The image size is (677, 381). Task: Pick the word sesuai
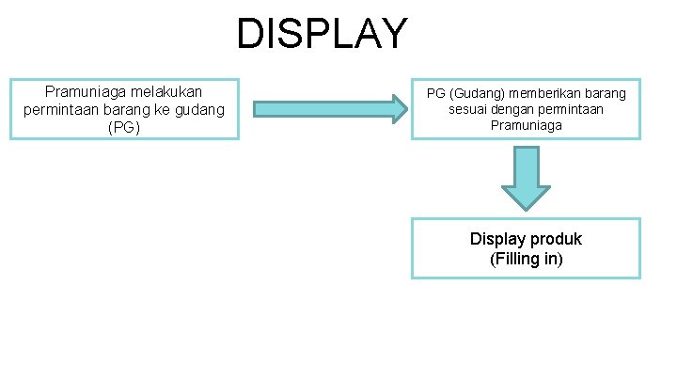(x=467, y=109)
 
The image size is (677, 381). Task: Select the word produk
(x=550, y=239)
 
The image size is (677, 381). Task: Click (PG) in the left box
(x=124, y=126)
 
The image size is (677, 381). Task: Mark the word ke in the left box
(x=167, y=109)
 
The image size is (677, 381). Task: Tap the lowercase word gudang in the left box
(x=203, y=109)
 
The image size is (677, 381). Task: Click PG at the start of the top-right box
(x=436, y=94)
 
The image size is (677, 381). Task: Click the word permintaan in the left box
(x=58, y=109)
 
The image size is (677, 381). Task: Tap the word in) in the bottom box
(x=552, y=258)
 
